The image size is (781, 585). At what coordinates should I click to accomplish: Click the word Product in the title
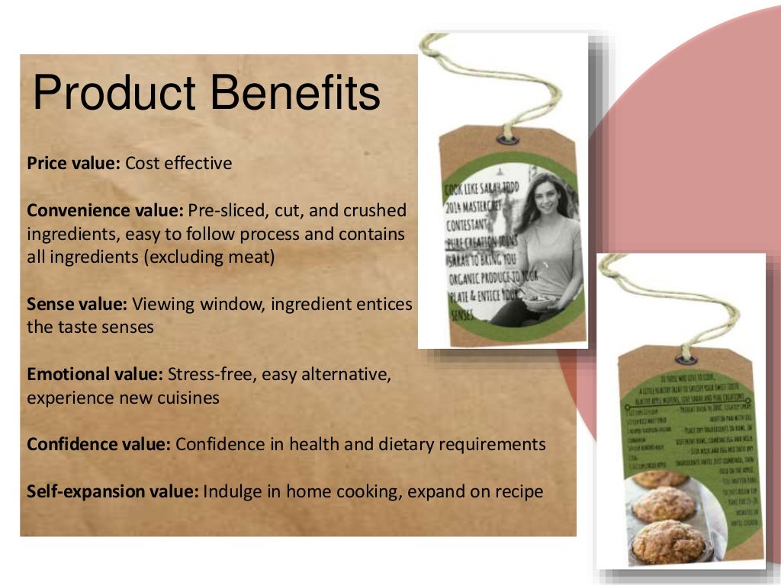click(x=114, y=94)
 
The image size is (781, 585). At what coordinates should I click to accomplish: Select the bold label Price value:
click(x=74, y=163)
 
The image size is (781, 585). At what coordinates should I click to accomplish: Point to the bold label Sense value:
click(x=77, y=305)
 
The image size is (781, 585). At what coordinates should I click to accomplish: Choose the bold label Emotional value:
click(x=95, y=375)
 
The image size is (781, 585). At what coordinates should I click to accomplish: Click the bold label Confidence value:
click(x=99, y=444)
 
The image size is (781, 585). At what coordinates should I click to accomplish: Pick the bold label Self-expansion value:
click(x=113, y=491)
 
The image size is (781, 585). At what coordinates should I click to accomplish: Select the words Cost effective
click(x=178, y=163)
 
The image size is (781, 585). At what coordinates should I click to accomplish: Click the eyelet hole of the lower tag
click(x=686, y=356)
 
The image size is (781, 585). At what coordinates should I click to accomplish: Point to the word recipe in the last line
click(x=518, y=491)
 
